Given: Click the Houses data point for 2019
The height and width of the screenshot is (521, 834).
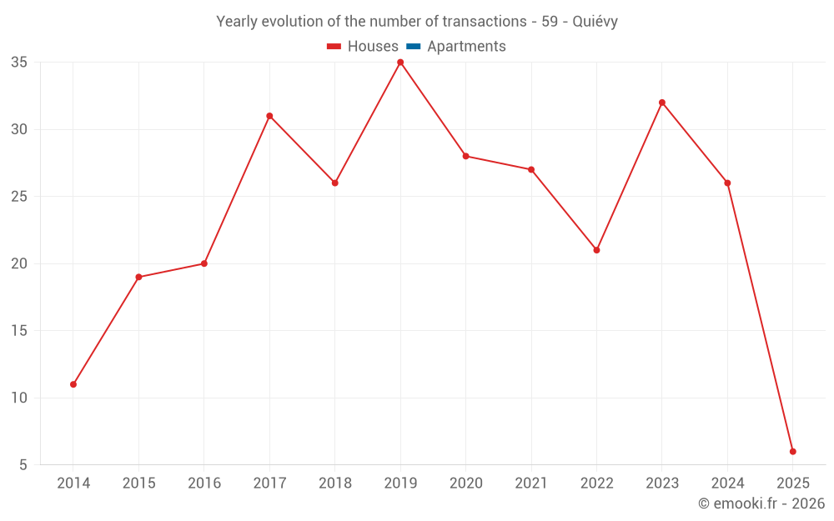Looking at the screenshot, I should [x=400, y=63].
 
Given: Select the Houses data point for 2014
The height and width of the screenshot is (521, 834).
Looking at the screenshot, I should [x=73, y=384].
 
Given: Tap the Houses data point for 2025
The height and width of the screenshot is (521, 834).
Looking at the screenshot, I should [x=792, y=452].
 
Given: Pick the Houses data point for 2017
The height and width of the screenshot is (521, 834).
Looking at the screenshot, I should [x=269, y=116].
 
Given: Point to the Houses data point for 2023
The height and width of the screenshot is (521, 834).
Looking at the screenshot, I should [x=662, y=103].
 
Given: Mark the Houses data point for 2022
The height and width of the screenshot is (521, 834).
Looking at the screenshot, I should [x=596, y=250].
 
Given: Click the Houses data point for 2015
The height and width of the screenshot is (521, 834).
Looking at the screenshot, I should [x=138, y=277].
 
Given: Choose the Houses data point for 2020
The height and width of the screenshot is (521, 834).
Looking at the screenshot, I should [x=465, y=156].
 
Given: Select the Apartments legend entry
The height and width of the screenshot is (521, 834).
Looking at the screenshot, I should [x=466, y=47].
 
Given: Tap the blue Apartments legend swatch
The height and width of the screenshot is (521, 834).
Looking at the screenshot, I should [x=414, y=47].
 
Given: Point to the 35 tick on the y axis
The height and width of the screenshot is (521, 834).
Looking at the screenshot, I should [x=19, y=63].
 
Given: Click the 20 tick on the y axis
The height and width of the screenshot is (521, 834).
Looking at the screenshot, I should [x=19, y=263].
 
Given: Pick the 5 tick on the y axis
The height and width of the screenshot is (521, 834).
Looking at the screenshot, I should [x=23, y=465].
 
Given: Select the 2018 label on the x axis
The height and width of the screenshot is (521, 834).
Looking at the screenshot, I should [x=334, y=483].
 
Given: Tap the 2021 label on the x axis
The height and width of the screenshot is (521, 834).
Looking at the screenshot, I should [x=531, y=483].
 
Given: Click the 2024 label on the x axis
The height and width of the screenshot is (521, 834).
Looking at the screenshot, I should [x=727, y=483].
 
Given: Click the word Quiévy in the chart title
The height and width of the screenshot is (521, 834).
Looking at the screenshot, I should [x=595, y=22].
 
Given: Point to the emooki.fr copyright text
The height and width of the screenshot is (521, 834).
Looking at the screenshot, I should [x=761, y=503].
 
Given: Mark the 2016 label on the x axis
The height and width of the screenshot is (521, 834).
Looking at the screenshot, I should [x=204, y=483].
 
